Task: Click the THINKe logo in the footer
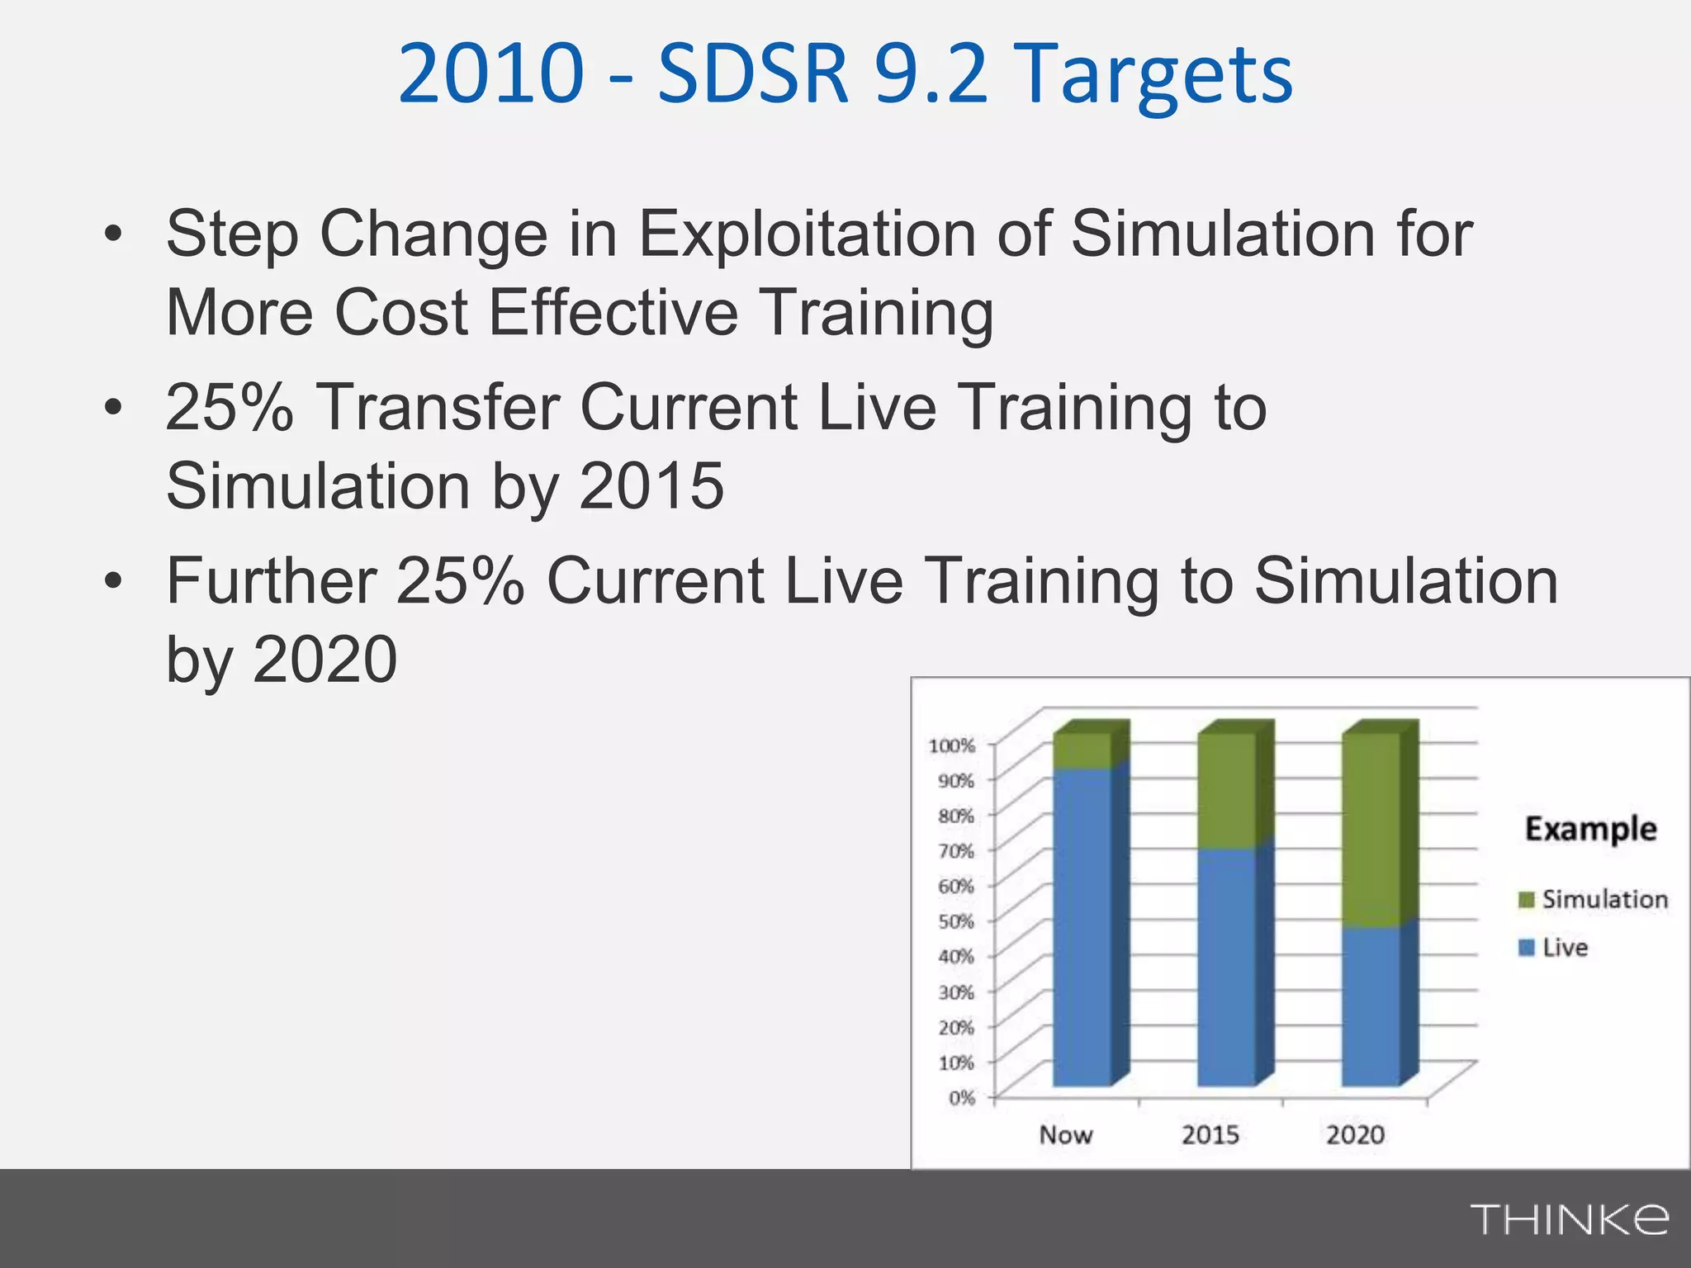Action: tap(1568, 1219)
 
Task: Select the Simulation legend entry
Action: tap(1594, 899)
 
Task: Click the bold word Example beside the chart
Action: tap(1590, 829)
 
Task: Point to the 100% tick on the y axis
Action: tap(952, 746)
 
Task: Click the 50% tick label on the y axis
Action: tap(956, 921)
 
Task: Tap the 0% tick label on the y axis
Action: tap(961, 1098)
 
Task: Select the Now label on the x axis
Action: tap(1065, 1135)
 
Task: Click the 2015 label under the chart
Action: tap(1210, 1135)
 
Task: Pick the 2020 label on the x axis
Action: tap(1355, 1135)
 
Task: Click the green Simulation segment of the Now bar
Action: tap(1082, 751)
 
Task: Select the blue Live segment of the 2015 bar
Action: tap(1226, 966)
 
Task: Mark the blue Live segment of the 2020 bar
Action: tap(1371, 1007)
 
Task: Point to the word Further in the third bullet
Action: tap(272, 581)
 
